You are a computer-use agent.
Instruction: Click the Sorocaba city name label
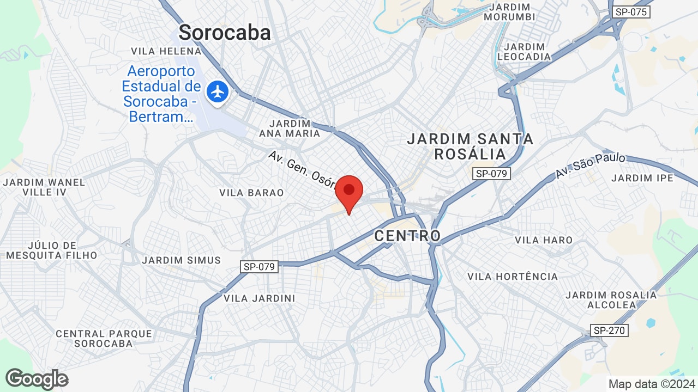point(225,33)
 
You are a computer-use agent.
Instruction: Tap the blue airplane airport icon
point(218,91)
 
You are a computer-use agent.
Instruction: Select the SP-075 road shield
point(631,12)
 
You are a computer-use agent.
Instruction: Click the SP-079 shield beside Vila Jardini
point(259,267)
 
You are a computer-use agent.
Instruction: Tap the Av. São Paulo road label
point(591,166)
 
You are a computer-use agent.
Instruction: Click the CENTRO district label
point(407,236)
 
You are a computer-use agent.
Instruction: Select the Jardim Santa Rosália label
point(470,146)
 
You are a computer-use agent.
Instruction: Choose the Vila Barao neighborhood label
point(251,193)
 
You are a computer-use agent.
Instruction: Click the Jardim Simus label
point(182,260)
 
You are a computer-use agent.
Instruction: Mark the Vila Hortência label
point(513,277)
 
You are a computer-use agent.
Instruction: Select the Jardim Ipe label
point(642,178)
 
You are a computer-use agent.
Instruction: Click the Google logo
point(37,379)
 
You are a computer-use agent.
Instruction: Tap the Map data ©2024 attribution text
point(652,384)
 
